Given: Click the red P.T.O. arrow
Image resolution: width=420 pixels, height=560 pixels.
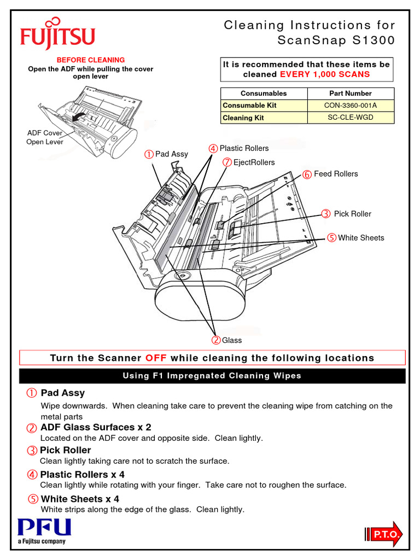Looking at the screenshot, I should coord(383,534).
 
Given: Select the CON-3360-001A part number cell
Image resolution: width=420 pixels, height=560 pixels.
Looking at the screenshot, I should coord(351,105).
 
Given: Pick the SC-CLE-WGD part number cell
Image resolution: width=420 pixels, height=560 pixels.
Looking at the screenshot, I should coord(351,117).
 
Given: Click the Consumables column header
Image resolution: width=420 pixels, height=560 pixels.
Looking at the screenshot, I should coord(264,93).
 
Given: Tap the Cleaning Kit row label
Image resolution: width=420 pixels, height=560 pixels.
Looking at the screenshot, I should coord(243,118).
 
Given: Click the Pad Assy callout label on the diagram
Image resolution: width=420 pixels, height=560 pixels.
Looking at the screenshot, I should coord(171,154).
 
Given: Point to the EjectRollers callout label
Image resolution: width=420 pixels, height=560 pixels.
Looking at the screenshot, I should coord(254,162).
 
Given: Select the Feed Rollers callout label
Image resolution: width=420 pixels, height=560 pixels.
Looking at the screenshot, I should coord(335,174).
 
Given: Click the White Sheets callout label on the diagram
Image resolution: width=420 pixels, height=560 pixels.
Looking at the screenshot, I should coord(361,238).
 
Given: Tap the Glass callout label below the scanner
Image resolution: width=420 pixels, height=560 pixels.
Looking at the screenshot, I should coord(231,340).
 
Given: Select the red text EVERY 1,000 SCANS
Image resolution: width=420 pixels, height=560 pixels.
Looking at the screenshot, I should coord(324,74).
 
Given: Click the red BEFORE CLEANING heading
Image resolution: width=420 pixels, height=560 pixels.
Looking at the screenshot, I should coord(91,60).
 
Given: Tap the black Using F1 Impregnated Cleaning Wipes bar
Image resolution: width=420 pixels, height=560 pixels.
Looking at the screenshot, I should coord(212,376).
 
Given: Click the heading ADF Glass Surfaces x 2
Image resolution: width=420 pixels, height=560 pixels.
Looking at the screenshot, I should coord(96,427).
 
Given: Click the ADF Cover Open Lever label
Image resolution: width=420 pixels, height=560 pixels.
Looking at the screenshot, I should coord(45,137).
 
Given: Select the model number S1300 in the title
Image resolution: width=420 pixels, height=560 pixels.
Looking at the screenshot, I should coord(373,40).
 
